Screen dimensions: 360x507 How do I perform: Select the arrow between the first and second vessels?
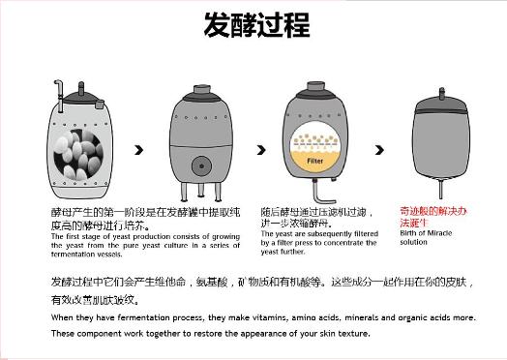pyautogui.click(x=140, y=150)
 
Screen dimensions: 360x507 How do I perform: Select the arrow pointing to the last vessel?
pyautogui.click(x=376, y=150)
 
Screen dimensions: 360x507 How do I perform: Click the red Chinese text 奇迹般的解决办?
pyautogui.click(x=433, y=210)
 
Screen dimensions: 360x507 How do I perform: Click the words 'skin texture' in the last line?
pyautogui.click(x=343, y=334)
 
